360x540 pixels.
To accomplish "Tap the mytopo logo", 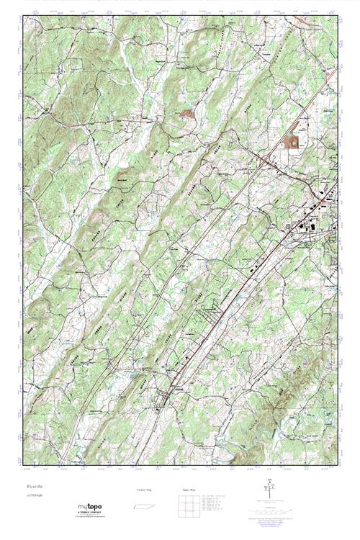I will [90, 506].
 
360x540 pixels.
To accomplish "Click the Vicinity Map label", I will [144, 490].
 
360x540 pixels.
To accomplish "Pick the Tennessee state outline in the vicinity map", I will [144, 502].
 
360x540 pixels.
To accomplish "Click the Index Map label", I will [188, 490].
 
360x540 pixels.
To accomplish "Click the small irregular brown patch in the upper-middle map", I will [187, 113].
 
